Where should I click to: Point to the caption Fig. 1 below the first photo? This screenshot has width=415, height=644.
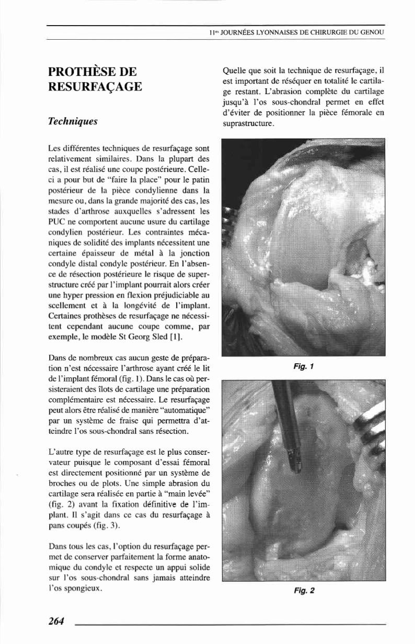[303, 366]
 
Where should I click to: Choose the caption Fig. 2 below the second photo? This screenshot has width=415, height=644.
[303, 591]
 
